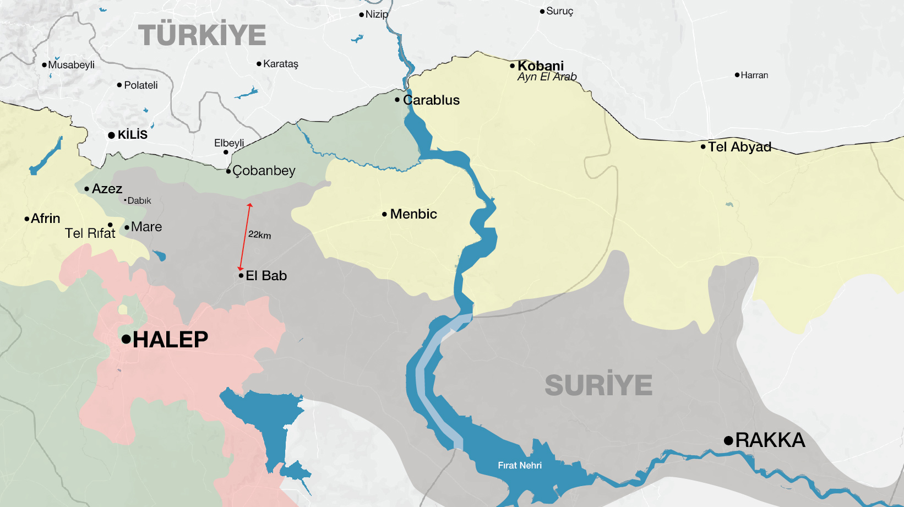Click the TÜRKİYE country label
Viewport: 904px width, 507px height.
click(x=202, y=35)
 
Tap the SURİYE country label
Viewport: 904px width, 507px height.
click(x=598, y=385)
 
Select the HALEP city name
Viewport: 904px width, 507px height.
click(x=170, y=340)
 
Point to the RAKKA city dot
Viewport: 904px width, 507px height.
click(x=728, y=440)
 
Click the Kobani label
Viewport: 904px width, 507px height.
click(x=540, y=66)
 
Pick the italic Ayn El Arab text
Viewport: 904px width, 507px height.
click(x=547, y=77)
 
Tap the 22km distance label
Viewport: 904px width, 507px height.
click(x=259, y=235)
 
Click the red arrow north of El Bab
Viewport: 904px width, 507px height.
click(x=245, y=237)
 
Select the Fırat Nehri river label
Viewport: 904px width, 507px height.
click(x=519, y=466)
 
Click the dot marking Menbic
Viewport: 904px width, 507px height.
click(x=384, y=214)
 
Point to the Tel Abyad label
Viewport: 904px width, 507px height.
click(x=739, y=147)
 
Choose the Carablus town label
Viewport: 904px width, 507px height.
click(x=431, y=100)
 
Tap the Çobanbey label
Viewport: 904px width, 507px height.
click(x=264, y=171)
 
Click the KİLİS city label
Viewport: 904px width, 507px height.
click(x=132, y=135)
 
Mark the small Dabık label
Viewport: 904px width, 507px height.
click(x=139, y=201)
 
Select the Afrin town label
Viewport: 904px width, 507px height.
click(x=45, y=219)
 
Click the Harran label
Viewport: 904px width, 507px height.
click(x=754, y=75)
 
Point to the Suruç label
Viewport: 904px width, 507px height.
click(x=559, y=11)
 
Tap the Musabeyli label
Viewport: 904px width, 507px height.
click(x=71, y=65)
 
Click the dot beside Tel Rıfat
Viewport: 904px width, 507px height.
click(x=110, y=225)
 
